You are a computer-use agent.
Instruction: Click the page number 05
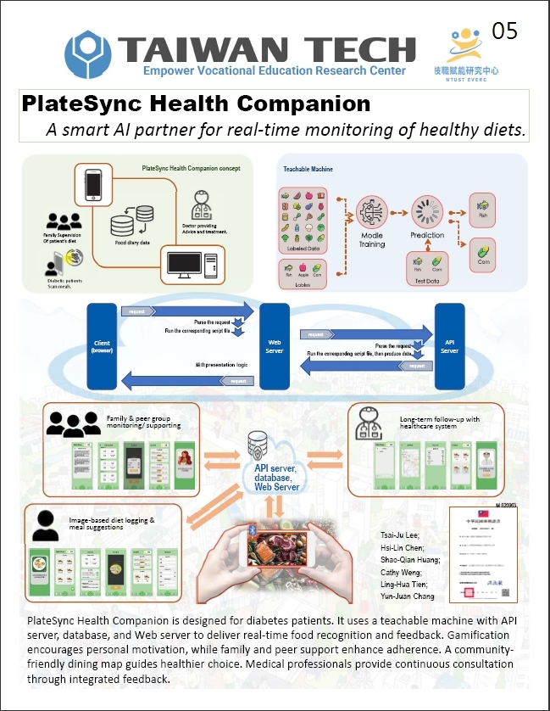[x=504, y=31]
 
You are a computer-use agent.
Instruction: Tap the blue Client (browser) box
[x=103, y=345]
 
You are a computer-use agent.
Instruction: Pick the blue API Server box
[x=449, y=345]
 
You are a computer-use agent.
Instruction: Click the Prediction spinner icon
[x=427, y=210]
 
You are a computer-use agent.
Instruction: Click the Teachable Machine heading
[x=308, y=169]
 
